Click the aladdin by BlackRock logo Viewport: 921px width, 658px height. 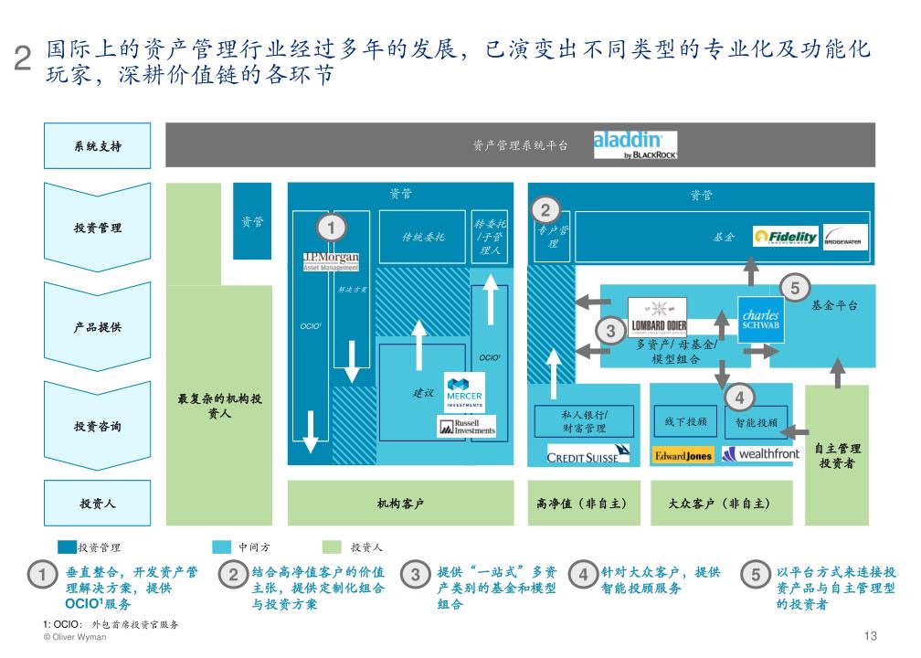tap(635, 145)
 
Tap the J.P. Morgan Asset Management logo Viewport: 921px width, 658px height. tap(331, 261)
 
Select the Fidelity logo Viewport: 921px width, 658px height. tap(786, 237)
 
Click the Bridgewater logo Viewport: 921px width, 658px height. tap(845, 237)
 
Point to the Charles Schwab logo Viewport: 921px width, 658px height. tap(760, 315)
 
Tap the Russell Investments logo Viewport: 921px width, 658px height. tap(466, 426)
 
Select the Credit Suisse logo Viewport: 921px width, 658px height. tap(588, 453)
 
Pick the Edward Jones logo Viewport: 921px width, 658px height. tap(683, 454)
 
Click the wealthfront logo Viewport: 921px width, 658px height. tap(760, 453)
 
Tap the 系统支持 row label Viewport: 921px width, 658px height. tap(98, 146)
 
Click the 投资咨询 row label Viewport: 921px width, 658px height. tap(98, 427)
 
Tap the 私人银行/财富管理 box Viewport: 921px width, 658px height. tap(584, 421)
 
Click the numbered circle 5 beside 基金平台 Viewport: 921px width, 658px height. tap(795, 289)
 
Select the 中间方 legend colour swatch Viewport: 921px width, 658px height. tap(221, 547)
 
